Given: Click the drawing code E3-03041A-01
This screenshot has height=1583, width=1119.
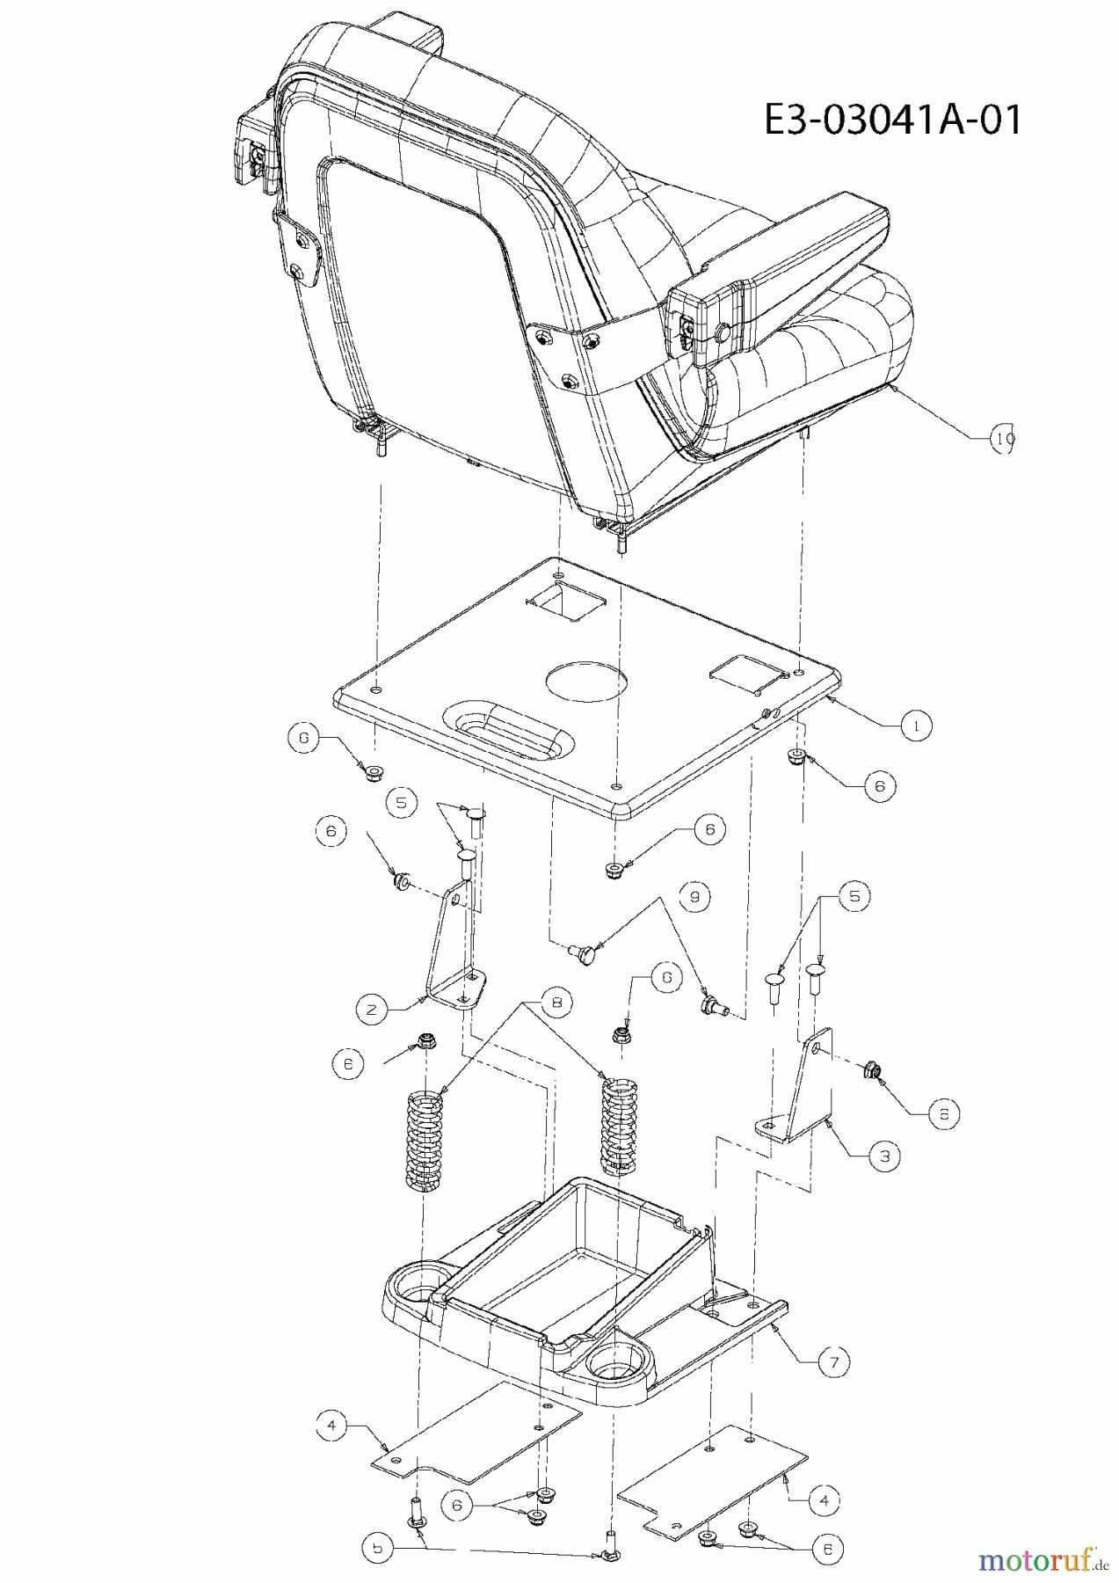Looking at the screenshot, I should (x=892, y=120).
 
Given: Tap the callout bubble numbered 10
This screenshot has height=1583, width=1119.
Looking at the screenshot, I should (x=1003, y=437).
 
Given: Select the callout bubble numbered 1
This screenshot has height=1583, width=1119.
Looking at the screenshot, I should (x=915, y=726).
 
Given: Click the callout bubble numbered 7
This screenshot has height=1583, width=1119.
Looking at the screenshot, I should (x=833, y=1362).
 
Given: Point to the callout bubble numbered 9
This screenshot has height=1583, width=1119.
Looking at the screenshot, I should (x=694, y=896).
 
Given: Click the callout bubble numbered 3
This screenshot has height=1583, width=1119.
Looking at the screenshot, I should (x=884, y=1156).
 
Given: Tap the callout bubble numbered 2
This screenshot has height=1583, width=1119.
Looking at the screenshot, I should (x=372, y=1010).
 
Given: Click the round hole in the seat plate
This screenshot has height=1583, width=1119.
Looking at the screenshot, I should (x=586, y=681).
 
